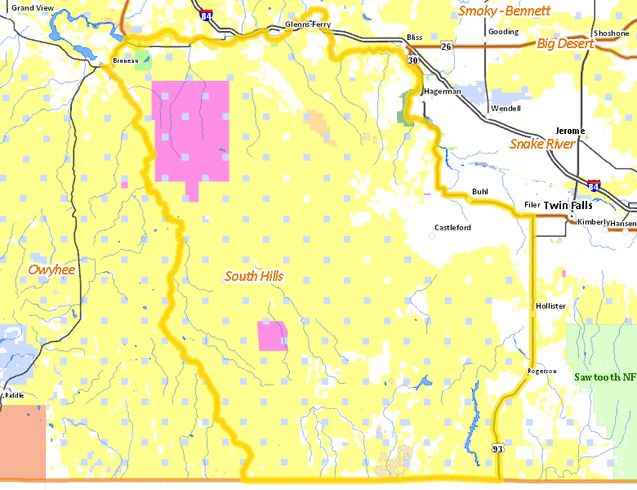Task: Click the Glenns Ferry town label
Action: [x=308, y=25]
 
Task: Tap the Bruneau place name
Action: [x=125, y=60]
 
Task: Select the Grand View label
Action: [x=33, y=7]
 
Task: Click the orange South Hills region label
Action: [x=254, y=277]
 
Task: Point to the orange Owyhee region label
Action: [x=51, y=269]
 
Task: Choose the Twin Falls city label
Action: [x=568, y=206]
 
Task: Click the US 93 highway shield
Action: [x=498, y=449]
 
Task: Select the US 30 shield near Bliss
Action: [x=411, y=61]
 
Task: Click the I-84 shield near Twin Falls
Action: [x=594, y=187]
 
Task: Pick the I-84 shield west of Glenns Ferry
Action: [x=207, y=16]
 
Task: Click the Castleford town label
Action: [x=452, y=228]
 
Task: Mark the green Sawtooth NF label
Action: [x=604, y=377]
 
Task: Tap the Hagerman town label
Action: [x=443, y=91]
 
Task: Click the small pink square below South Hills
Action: [x=272, y=336]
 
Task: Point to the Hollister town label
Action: [x=550, y=306]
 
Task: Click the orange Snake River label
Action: [x=542, y=144]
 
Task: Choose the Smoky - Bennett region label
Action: [x=504, y=11]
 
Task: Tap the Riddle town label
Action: [x=14, y=395]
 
